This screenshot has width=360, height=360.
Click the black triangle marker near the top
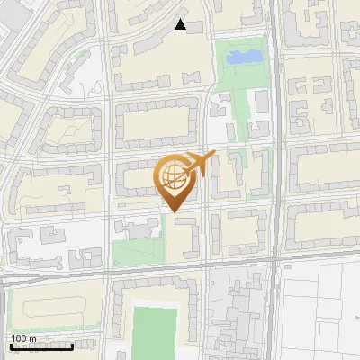180,25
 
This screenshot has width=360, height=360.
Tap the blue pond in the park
243,58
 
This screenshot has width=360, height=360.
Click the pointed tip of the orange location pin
174,212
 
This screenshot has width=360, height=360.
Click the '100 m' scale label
23,338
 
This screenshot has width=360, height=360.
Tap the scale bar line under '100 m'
41,346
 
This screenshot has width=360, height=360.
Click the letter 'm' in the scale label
32,338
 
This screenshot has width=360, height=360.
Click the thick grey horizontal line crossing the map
135,269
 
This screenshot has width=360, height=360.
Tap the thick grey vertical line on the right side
275,135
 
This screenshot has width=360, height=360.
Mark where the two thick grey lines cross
275,260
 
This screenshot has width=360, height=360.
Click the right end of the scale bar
73,346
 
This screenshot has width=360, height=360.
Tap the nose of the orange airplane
215,156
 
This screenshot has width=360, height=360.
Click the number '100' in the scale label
19,338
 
